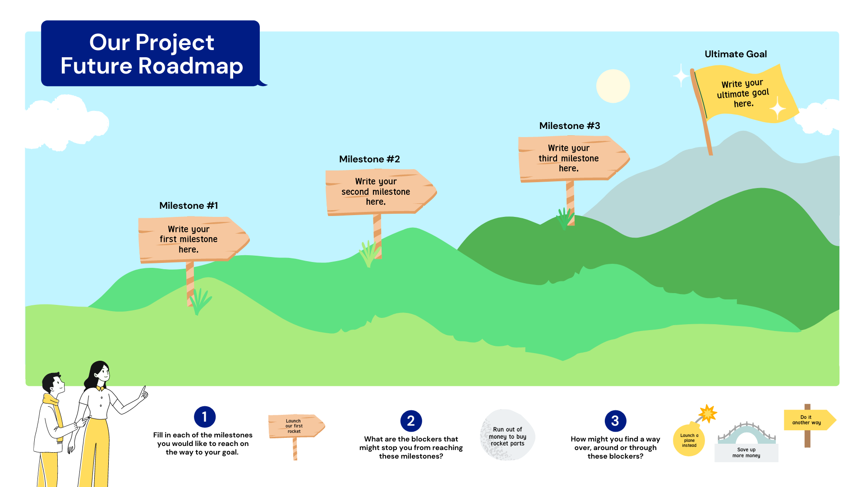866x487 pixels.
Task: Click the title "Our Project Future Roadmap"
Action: pos(152,54)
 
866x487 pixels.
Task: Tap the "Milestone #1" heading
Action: pos(189,206)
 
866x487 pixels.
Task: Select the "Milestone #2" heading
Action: pos(369,159)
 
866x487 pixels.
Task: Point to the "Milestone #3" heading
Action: pos(570,126)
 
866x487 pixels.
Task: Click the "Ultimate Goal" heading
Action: pos(736,54)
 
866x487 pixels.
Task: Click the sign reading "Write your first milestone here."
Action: pos(193,239)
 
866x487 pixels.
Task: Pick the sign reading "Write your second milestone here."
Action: pos(381,192)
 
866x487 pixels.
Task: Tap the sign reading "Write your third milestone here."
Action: pos(574,159)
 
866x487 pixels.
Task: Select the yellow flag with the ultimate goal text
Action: pos(744,94)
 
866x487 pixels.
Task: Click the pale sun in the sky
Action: pos(613,86)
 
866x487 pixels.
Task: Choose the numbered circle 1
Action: pos(205,417)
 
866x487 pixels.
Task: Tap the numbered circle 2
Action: pos(411,421)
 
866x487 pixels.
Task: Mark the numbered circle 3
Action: pos(615,421)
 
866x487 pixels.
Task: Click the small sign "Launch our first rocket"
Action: pos(296,426)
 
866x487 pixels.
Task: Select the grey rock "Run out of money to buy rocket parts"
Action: pos(507,435)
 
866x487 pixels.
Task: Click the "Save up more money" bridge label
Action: pos(746,453)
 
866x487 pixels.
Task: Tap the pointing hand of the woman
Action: pos(143,393)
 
